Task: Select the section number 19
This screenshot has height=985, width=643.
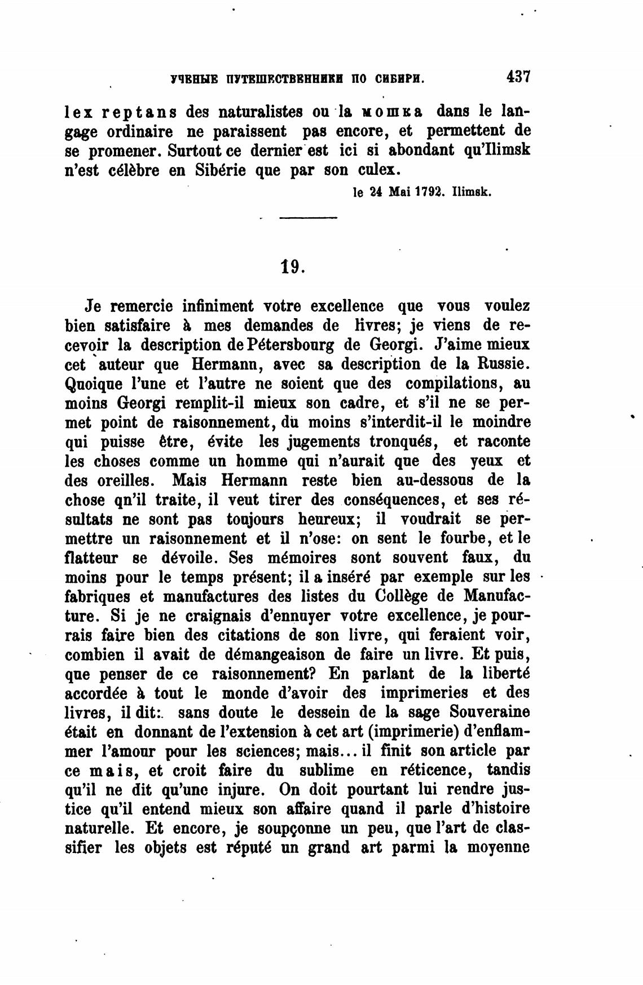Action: click(x=293, y=266)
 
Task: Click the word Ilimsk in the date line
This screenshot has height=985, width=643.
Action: click(x=472, y=192)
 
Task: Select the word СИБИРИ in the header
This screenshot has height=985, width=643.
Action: click(x=399, y=79)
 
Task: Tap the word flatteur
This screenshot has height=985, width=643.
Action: click(x=91, y=558)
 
